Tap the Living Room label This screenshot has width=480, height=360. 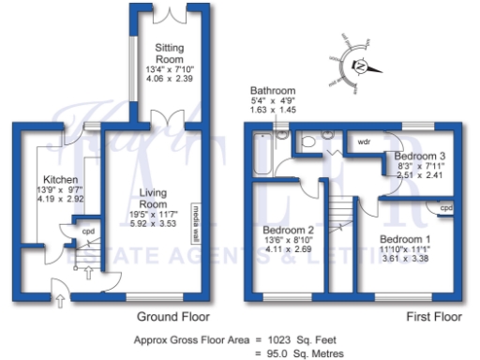[x=154, y=198]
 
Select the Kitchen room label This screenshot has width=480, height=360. [x=59, y=179]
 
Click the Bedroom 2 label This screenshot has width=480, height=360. [x=287, y=230]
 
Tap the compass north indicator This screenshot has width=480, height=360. [x=361, y=67]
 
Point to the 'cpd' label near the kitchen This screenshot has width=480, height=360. [x=88, y=231]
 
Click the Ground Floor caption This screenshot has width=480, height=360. [x=172, y=317]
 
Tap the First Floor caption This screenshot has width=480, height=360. [x=426, y=317]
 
